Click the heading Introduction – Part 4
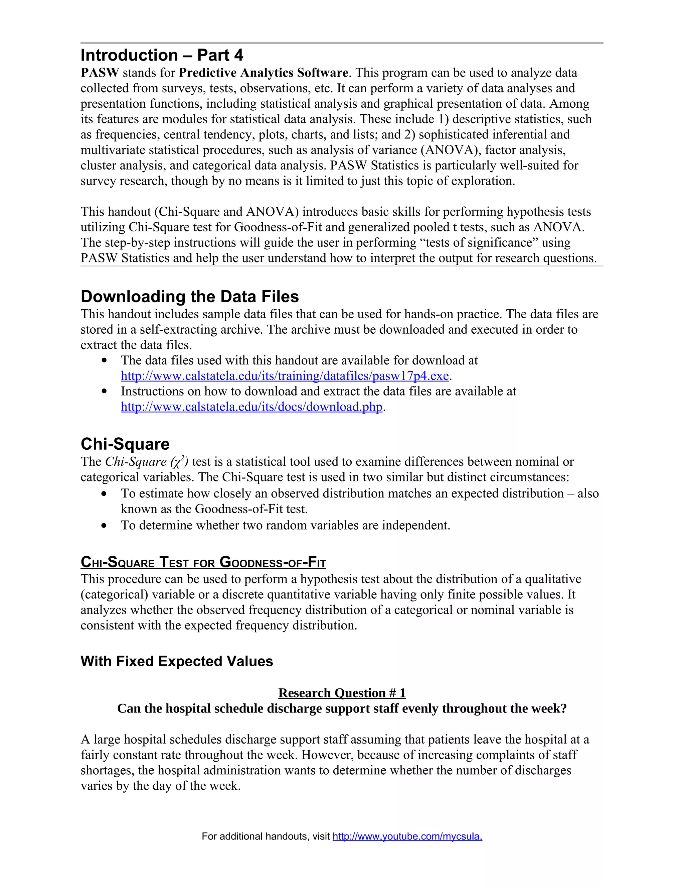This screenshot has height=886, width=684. click(x=162, y=55)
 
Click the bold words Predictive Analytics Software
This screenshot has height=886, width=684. click(x=264, y=73)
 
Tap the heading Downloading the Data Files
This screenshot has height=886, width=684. click(x=190, y=297)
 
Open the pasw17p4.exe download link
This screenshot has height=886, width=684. click(x=285, y=376)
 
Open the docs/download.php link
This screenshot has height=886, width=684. click(x=251, y=407)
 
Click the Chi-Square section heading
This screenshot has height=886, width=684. click(x=125, y=444)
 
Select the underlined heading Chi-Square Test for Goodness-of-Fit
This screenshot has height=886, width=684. click(x=203, y=562)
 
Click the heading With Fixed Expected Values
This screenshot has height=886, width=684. click(x=177, y=661)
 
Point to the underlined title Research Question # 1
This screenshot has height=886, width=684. click(x=342, y=693)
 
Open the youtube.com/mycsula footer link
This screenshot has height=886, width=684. click(x=407, y=837)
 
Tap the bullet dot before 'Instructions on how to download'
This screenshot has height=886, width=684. click(x=105, y=392)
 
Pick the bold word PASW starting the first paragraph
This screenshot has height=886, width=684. click(x=100, y=73)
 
